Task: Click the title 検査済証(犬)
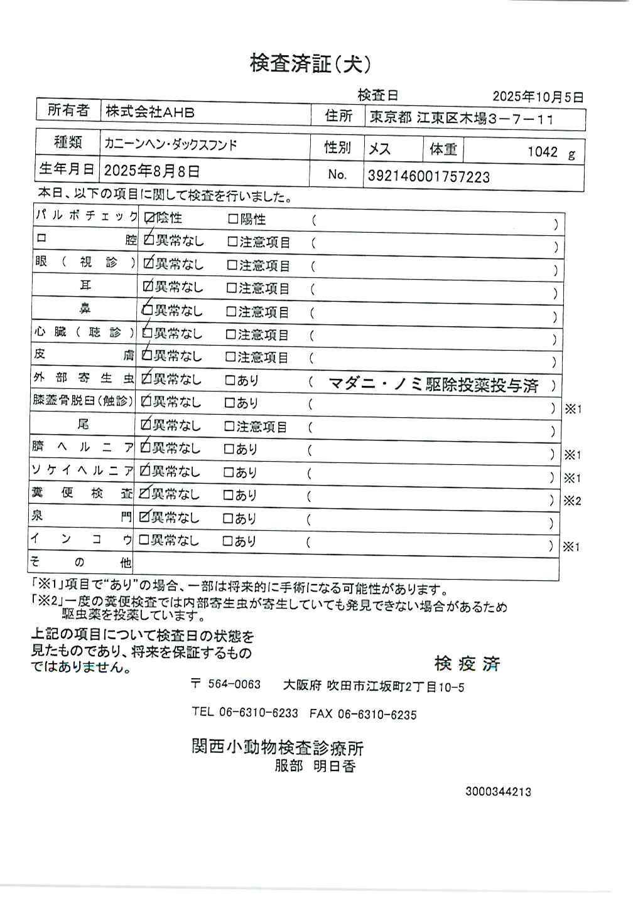(x=310, y=63)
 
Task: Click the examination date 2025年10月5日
(x=538, y=97)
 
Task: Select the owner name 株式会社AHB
(x=149, y=112)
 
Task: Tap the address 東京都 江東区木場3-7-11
(x=461, y=118)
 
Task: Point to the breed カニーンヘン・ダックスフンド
(x=171, y=144)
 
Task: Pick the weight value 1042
(x=542, y=151)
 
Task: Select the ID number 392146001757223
(x=428, y=177)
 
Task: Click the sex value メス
(x=379, y=149)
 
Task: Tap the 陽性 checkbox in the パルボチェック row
(x=232, y=219)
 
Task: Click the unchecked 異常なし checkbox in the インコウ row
(x=144, y=540)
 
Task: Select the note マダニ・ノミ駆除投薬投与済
(x=433, y=385)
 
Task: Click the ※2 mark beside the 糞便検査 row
(x=572, y=501)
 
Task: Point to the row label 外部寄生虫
(x=84, y=378)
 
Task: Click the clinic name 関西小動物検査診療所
(x=277, y=747)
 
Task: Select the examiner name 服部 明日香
(x=315, y=766)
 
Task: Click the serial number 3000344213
(x=498, y=791)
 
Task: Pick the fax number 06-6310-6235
(x=377, y=714)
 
